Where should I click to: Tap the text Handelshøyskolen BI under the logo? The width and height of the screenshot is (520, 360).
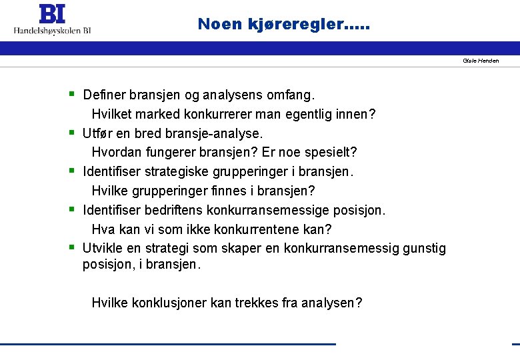53,30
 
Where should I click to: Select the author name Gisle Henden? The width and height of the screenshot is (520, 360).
481,61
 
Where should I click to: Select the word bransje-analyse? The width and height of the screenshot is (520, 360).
219,133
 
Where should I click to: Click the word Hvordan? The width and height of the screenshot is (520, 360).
117,153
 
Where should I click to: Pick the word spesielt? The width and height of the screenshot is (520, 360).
331,153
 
